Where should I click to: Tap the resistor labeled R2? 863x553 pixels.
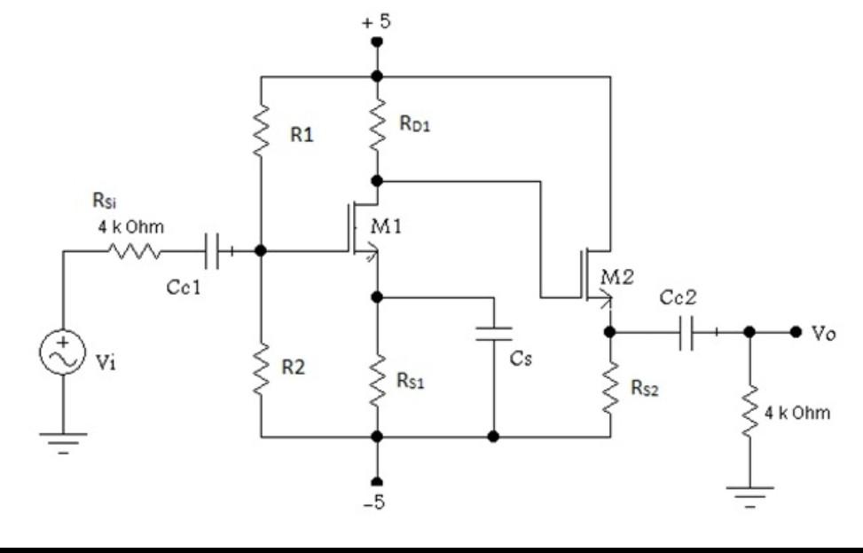(261, 368)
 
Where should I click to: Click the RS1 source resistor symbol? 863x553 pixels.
(377, 380)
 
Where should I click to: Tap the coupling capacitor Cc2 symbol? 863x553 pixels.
(689, 332)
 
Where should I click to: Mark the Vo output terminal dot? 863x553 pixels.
(795, 332)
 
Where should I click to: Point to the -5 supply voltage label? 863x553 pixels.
(376, 503)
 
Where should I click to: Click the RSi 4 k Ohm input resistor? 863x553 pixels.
(133, 251)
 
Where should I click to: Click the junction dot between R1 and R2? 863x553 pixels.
(261, 251)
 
